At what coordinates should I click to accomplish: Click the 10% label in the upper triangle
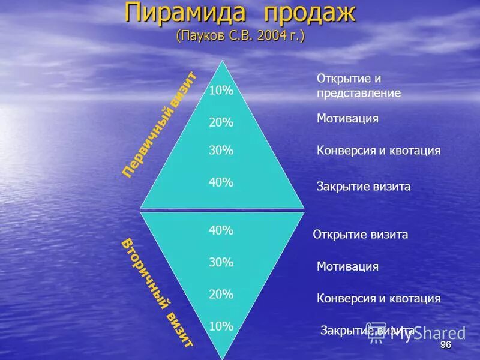click(221, 91)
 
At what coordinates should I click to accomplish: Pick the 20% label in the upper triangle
click(221, 122)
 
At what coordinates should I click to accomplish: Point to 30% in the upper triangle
click(221, 151)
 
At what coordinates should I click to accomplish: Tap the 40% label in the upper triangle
click(221, 182)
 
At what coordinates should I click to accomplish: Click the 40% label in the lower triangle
click(221, 230)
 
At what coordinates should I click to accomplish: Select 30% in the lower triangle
click(221, 262)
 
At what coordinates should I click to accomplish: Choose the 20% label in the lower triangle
click(221, 294)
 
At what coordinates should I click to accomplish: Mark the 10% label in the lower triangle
click(221, 326)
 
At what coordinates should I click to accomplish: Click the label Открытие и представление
click(358, 86)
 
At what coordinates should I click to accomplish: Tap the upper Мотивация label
click(347, 118)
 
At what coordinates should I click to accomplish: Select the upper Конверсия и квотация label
click(379, 151)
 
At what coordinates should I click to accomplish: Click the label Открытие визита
click(360, 235)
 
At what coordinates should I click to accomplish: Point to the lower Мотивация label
click(347, 266)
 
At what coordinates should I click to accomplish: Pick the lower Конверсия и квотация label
click(379, 298)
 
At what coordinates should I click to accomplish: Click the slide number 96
click(445, 345)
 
